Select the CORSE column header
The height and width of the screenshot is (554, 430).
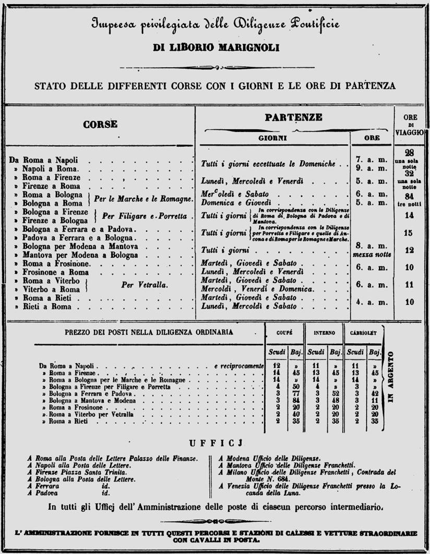100,124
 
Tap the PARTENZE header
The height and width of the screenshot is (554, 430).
293,117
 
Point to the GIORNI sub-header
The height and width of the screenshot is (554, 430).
273,139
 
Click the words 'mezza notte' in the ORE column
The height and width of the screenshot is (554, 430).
372,255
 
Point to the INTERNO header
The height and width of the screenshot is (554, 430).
325,332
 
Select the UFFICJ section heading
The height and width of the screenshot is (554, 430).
214,443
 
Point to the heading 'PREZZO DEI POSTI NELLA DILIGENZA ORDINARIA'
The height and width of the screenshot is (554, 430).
149,332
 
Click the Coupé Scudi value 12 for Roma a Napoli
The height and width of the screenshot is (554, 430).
276,366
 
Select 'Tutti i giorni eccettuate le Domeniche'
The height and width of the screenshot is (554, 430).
268,164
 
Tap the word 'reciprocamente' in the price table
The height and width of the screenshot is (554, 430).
240,366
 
